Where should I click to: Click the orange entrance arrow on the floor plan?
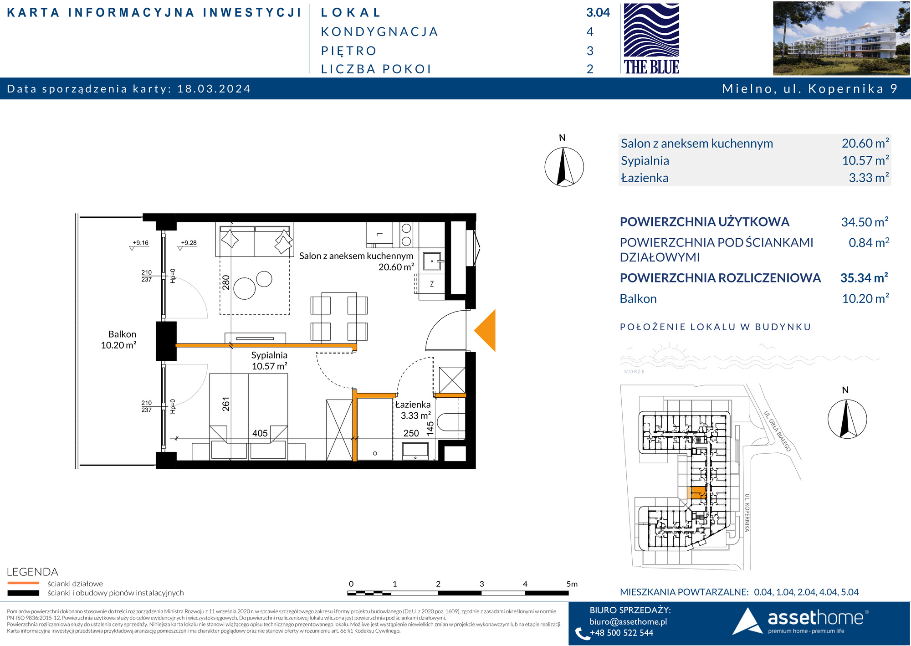(485, 330)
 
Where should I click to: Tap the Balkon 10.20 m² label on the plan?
(119, 340)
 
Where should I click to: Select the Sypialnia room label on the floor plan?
(269, 355)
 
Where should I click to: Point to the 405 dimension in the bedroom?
(260, 433)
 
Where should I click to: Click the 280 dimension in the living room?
(226, 282)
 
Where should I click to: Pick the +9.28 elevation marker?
(189, 243)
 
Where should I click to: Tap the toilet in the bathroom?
(451, 422)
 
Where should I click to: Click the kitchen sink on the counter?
(432, 261)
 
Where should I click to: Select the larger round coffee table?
(245, 288)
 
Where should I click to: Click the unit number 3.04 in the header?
(598, 13)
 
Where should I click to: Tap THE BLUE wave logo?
(651, 39)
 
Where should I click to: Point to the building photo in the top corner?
(841, 38)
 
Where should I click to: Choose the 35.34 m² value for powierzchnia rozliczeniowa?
(864, 277)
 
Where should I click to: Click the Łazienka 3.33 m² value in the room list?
(869, 178)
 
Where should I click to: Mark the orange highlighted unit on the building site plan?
(696, 492)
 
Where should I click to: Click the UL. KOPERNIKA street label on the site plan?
(747, 513)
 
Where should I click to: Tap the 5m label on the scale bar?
(572, 584)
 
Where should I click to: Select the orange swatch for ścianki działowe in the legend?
(23, 583)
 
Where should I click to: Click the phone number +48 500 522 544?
(621, 633)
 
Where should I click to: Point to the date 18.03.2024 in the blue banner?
(214, 89)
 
